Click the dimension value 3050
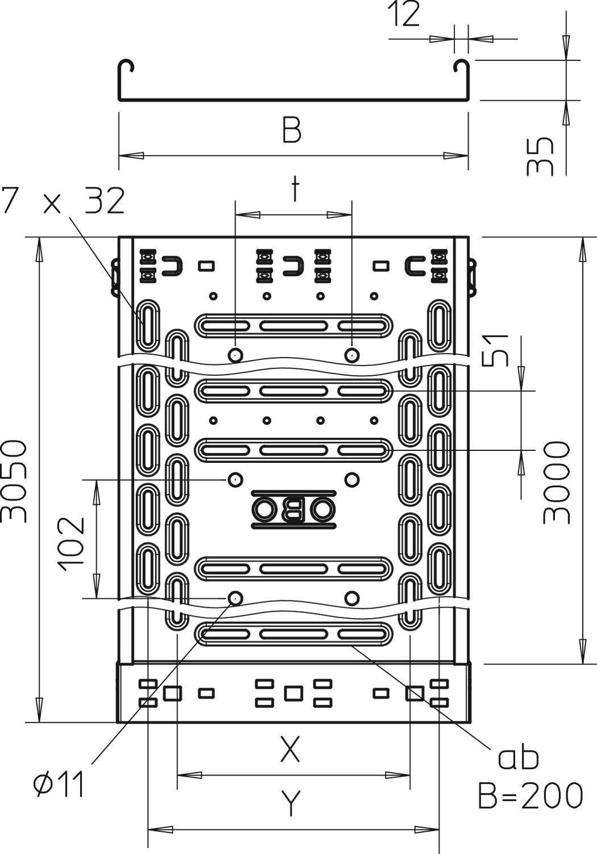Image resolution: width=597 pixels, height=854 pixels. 14,481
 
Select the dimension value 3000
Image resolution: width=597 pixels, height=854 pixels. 556,482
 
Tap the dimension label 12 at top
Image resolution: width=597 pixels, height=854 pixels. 404,15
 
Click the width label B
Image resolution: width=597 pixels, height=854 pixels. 292,130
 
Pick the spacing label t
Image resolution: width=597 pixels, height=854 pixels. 294,190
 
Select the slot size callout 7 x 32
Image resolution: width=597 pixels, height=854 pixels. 63,201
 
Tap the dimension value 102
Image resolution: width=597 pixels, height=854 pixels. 72,544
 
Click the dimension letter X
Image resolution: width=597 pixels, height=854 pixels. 290,750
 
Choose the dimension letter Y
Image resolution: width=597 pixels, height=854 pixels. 291,803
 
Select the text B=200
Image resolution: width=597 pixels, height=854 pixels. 530,795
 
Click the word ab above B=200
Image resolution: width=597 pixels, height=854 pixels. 518,757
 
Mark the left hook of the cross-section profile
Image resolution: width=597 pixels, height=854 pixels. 126,66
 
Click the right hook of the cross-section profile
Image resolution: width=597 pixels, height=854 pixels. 461,66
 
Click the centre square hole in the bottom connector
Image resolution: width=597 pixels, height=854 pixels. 293,693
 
